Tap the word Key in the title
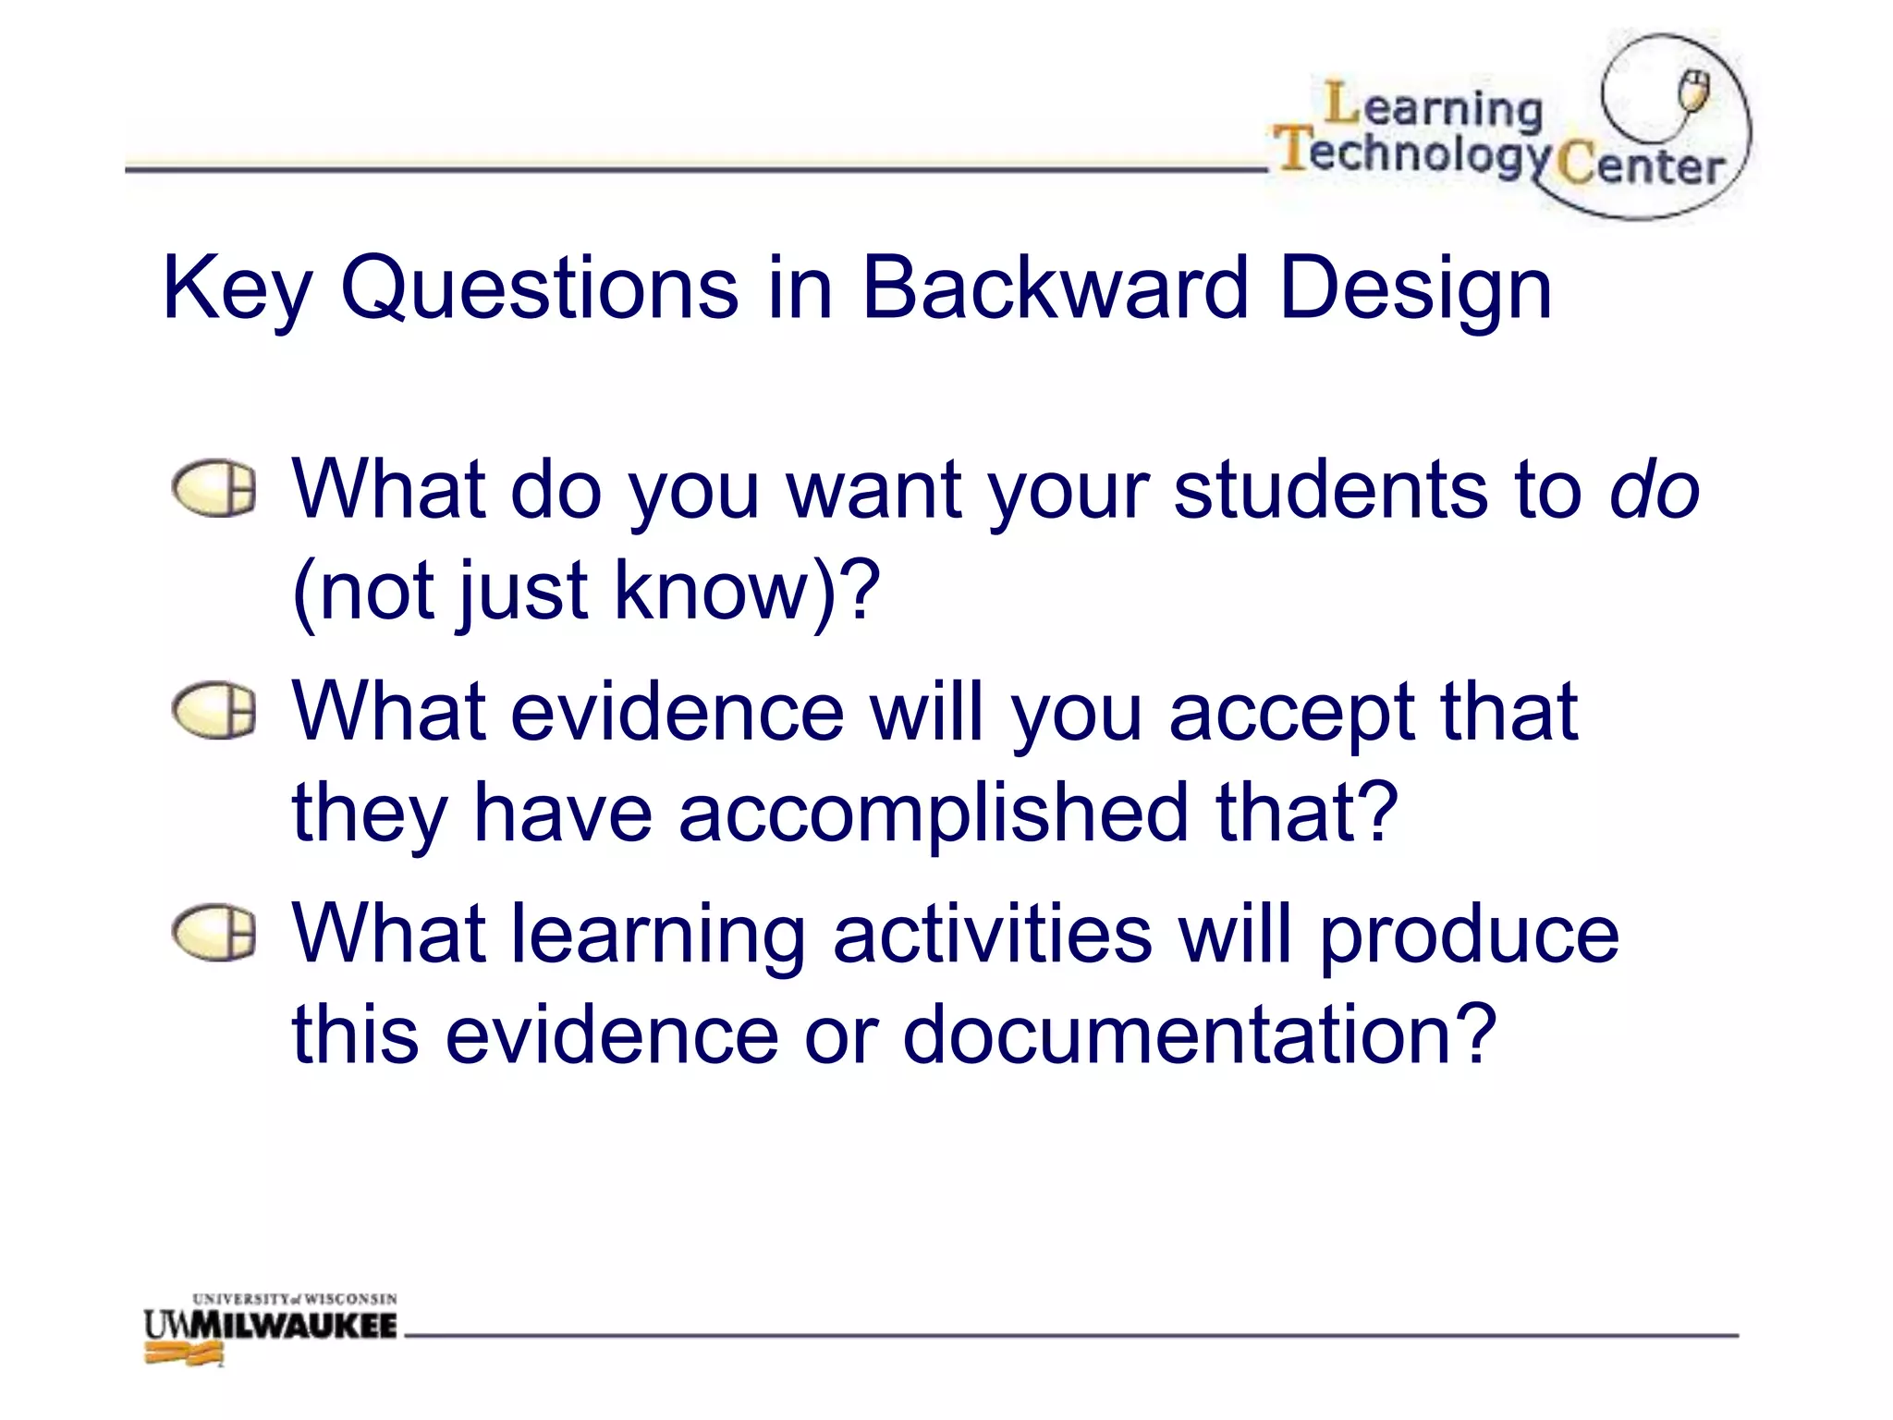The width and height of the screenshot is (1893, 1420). [237, 290]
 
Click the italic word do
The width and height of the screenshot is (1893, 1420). [1654, 490]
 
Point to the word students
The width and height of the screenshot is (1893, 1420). [1330, 490]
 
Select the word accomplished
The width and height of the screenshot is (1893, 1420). [934, 813]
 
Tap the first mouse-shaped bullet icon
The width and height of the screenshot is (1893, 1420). [214, 489]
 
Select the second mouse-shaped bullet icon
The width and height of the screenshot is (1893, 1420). [214, 711]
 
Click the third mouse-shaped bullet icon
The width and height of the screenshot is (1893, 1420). [214, 933]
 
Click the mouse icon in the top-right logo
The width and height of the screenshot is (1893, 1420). [1693, 91]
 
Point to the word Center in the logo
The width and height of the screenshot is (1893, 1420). [1641, 166]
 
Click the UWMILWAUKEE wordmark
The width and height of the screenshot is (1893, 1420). [271, 1327]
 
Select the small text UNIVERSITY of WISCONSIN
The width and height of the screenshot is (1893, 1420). [294, 1299]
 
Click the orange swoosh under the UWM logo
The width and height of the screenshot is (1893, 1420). [185, 1354]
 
